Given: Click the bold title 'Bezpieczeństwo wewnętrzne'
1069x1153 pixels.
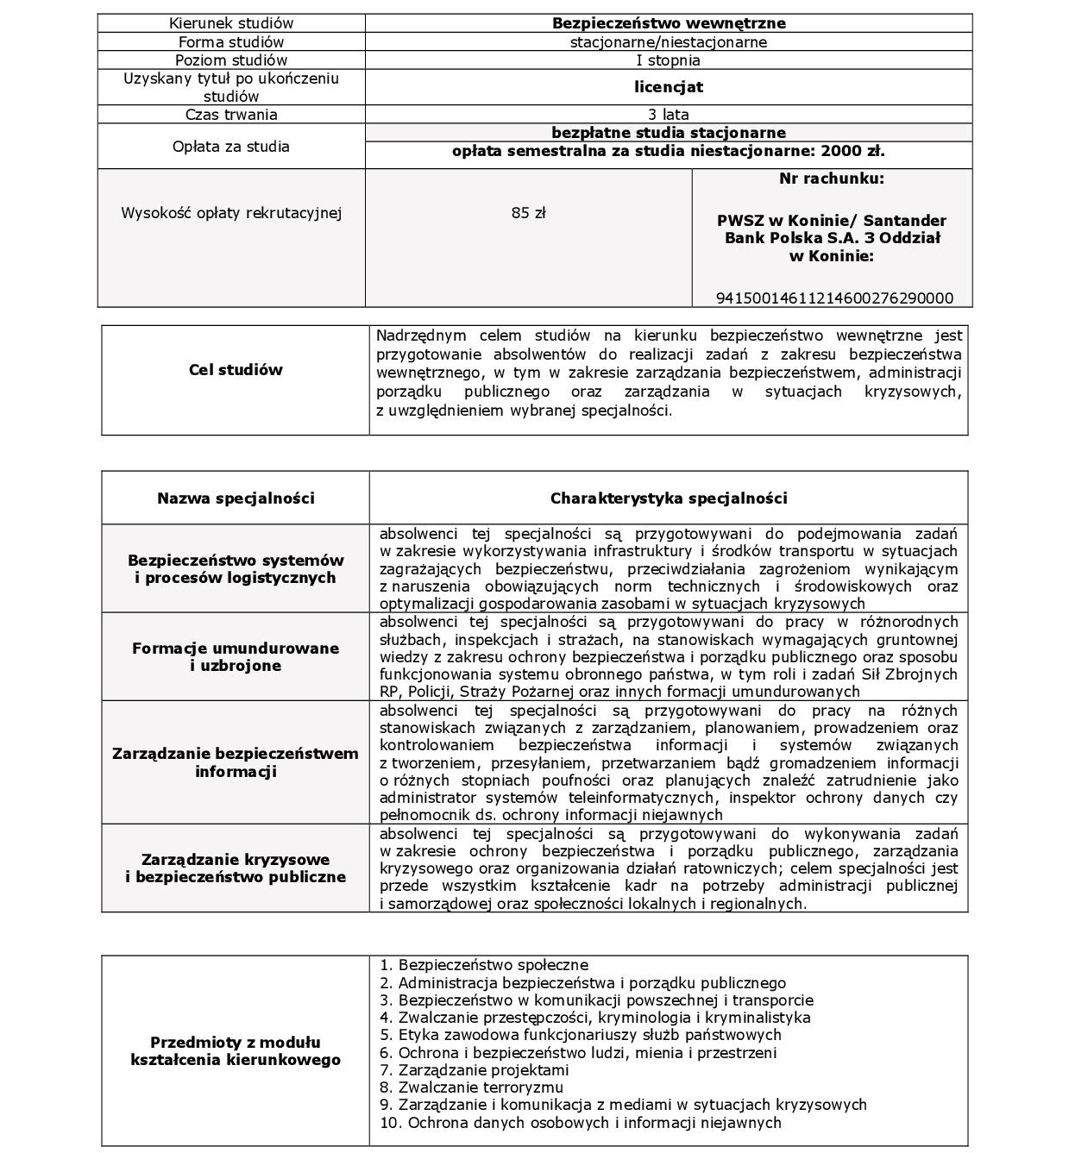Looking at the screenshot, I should (x=669, y=23).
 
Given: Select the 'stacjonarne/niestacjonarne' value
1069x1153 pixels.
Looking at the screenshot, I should (x=669, y=42).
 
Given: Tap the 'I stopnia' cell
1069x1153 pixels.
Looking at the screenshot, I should (x=669, y=60).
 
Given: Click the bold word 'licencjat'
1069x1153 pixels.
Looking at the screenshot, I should (x=669, y=87).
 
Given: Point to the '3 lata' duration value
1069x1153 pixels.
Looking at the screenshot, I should (x=669, y=115).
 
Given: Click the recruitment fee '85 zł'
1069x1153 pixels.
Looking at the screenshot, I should (x=528, y=213).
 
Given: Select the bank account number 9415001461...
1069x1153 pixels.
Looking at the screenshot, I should (x=834, y=298).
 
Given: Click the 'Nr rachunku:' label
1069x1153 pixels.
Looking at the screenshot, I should (x=832, y=179).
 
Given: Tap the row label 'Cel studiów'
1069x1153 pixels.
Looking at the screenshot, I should (x=236, y=370).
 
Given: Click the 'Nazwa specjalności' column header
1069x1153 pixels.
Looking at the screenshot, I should (x=236, y=498).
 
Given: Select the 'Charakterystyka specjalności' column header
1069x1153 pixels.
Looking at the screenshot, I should (x=669, y=498).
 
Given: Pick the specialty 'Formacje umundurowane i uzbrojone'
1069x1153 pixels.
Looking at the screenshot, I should (x=236, y=657).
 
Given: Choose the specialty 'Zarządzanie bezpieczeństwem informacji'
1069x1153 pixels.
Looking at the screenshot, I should (x=236, y=762).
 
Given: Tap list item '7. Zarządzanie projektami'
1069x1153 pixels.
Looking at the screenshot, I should (x=475, y=1070).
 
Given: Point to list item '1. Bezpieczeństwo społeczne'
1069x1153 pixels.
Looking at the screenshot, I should (x=484, y=966).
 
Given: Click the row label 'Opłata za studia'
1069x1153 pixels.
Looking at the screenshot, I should (x=231, y=147).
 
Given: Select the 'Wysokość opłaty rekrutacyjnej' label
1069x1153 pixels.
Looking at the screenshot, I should (x=231, y=213).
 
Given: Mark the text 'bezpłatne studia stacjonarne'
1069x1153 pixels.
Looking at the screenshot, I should (x=669, y=133).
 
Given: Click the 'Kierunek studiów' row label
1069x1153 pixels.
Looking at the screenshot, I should (x=231, y=23).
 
